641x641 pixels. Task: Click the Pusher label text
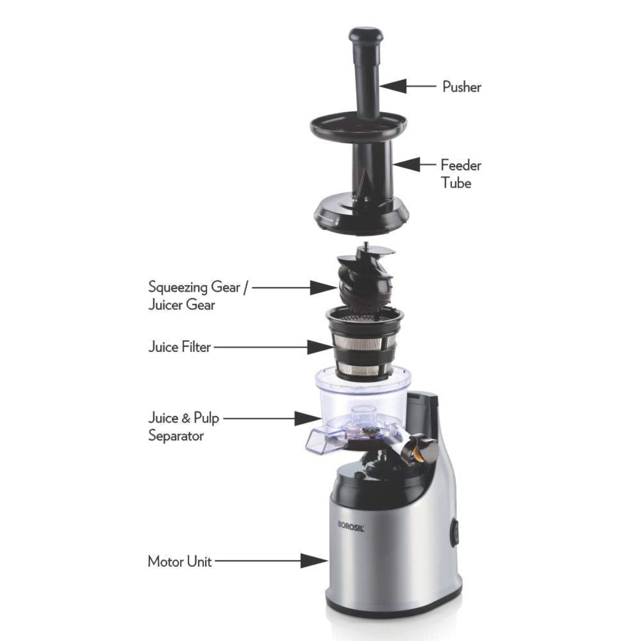tap(462, 87)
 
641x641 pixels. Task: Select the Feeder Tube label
tap(460, 174)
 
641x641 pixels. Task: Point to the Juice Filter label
tap(179, 347)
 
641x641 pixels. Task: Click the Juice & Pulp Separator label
tap(183, 426)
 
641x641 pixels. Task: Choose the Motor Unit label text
tap(179, 561)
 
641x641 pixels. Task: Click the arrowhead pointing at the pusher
tap(393, 85)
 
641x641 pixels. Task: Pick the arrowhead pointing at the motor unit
tap(314, 561)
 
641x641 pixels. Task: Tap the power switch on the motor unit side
tap(455, 533)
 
